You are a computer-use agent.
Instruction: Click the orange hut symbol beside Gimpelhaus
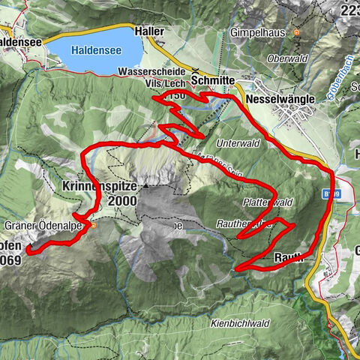click(x=297, y=33)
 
